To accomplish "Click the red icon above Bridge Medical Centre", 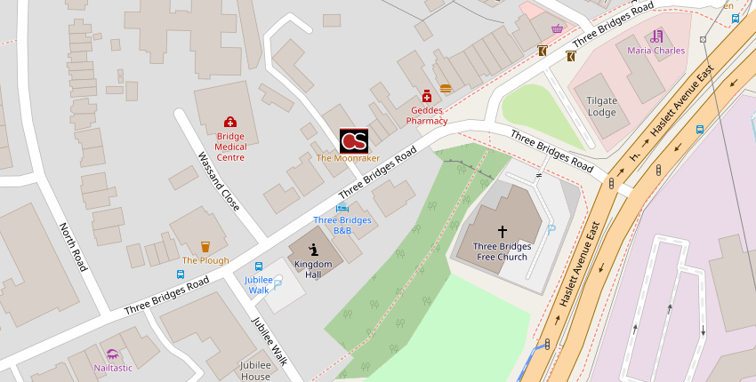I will point(229,122).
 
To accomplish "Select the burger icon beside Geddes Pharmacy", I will point(446,88).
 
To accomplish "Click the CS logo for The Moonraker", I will point(353,140).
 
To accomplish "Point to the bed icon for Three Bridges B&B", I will point(342,208).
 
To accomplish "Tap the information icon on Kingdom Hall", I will point(313,250).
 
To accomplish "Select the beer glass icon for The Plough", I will point(205,246).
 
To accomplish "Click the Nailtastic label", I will point(113,368).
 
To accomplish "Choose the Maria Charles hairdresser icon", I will point(656,36).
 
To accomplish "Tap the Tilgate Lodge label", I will point(601,107).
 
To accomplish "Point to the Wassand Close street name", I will point(218,180).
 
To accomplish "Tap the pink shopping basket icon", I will point(557,28).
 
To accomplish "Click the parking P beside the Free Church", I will point(551,229).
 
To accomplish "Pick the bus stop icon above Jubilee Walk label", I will point(259,266).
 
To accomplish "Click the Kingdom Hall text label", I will point(313,269).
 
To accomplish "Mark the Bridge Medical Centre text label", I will point(230,147).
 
